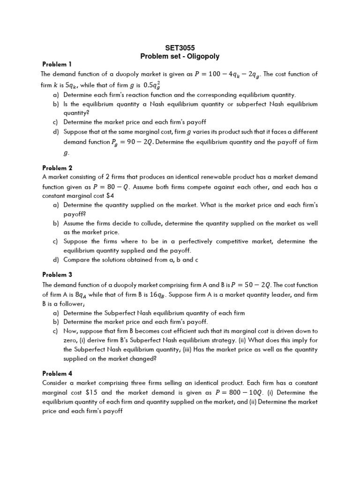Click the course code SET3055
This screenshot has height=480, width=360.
(180, 48)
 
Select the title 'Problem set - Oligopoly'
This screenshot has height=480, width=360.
(180, 56)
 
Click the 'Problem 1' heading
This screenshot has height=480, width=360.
(57, 64)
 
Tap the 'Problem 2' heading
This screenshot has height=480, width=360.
(57, 168)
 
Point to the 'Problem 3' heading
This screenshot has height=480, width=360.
(57, 275)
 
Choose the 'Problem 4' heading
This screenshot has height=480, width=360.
(57, 373)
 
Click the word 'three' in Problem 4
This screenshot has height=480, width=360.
(135, 383)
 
